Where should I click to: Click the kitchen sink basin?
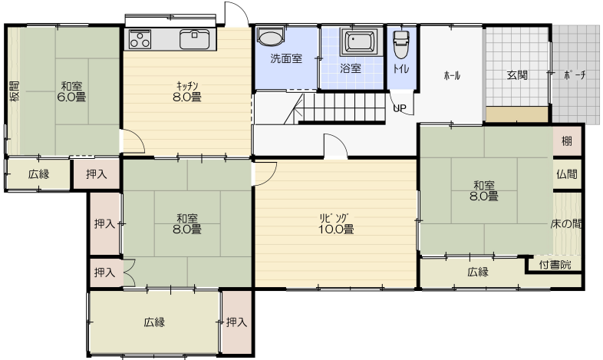pos(195,39)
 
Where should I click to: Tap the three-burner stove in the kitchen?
pos(140,39)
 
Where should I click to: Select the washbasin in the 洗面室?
pos(270,36)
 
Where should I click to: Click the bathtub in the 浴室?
pos(360,41)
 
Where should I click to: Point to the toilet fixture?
pos(400,43)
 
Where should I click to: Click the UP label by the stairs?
pos(400,108)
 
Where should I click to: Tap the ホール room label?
pos(452,75)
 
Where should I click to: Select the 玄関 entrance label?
pos(517,75)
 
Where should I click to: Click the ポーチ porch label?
pos(575,75)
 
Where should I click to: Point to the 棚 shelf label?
pos(567,141)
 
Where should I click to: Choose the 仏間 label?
pos(567,174)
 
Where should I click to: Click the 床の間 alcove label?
pos(566,224)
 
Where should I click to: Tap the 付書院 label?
pos(555,265)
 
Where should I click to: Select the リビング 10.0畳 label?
pos(336,224)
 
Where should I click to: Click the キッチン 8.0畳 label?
pos(187,91)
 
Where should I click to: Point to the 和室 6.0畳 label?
pos(71,91)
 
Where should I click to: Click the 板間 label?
pos(15,91)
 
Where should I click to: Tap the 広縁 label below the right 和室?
pos(478,272)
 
